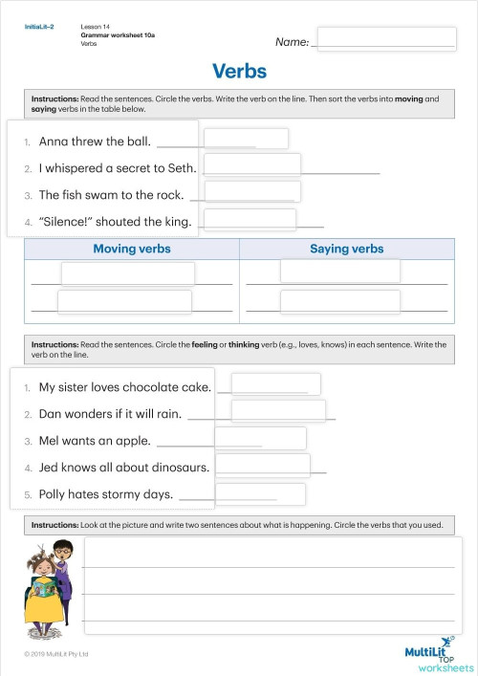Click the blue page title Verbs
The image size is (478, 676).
[239, 72]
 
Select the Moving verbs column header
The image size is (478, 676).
[132, 249]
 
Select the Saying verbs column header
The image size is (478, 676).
[346, 249]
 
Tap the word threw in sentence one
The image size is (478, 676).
[85, 142]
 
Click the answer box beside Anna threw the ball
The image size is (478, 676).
[246, 139]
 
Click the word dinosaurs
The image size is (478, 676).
[173, 468]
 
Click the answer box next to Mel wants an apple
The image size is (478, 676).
[260, 438]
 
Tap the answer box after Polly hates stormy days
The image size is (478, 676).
[268, 493]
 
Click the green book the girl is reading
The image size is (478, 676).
[44, 605]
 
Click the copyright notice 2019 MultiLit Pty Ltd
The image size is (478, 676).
[57, 654]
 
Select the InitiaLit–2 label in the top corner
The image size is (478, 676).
[39, 27]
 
